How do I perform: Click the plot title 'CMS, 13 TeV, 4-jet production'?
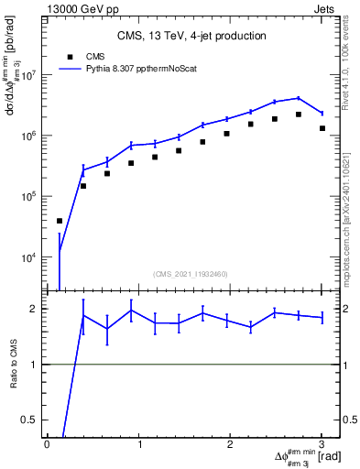click(x=191, y=36)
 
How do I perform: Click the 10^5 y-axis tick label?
click(x=30, y=197)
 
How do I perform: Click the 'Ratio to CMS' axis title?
click(x=14, y=366)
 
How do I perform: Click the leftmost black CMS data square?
click(x=60, y=221)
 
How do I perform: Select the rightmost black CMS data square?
click(x=322, y=128)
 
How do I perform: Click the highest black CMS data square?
click(x=299, y=115)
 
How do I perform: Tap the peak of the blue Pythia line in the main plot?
click(x=299, y=98)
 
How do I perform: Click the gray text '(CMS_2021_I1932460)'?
click(x=191, y=274)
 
